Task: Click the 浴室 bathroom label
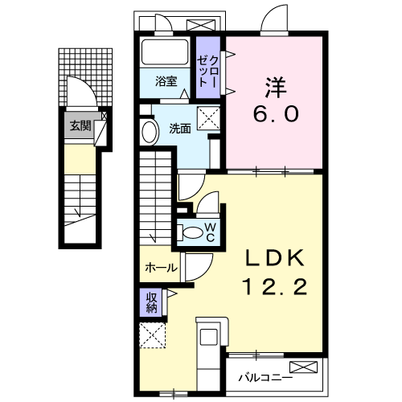[166, 80]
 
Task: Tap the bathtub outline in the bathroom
[166, 55]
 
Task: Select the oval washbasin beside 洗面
[150, 132]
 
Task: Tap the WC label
[209, 232]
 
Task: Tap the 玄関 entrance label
[78, 125]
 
